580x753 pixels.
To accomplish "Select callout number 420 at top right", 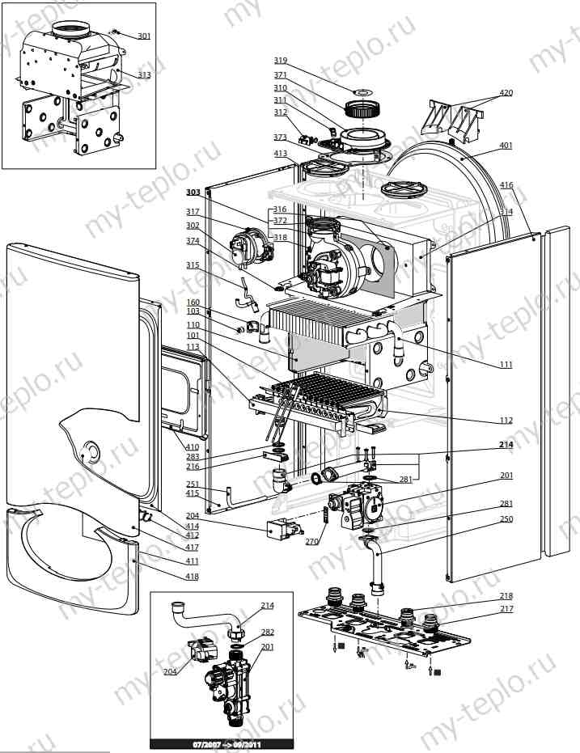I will pos(506,93).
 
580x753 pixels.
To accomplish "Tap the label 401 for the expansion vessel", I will pos(506,146).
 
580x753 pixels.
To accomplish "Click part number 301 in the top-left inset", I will pos(143,36).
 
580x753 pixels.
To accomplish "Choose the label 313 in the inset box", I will pos(143,74).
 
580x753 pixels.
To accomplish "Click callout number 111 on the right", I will pos(506,365).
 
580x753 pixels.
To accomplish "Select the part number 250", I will pos(506,518).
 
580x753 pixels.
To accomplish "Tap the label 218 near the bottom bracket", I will pos(506,596).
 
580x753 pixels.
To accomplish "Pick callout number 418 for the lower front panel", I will pos(192,576).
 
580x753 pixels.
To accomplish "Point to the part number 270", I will pos(312,542).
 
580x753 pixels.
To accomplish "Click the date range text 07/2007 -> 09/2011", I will pos(221,742).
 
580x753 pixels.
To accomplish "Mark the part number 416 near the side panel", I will pos(506,185).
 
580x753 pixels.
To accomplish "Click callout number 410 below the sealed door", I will pos(192,446).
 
